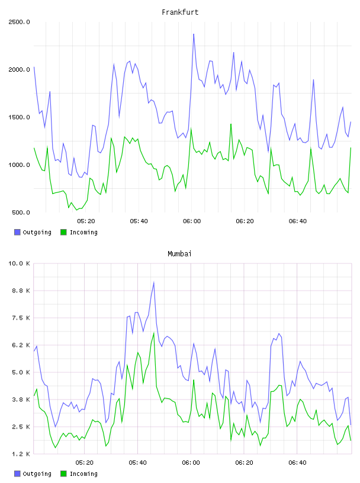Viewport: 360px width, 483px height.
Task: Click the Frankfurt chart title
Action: (180, 12)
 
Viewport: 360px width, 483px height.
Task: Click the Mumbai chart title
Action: (179, 254)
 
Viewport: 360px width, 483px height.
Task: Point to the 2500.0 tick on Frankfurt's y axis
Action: (19, 22)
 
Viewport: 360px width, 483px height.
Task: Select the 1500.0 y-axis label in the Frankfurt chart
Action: (19, 117)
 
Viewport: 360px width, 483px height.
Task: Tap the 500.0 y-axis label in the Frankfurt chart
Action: (21, 212)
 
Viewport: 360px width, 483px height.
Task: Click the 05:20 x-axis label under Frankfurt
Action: (86, 221)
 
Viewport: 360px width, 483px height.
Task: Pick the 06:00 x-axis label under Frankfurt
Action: (192, 221)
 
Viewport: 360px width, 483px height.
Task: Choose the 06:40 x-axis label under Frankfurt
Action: (298, 221)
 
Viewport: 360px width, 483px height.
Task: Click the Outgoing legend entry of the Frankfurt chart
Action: (33, 232)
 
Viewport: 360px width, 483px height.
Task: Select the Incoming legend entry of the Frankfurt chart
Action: (79, 232)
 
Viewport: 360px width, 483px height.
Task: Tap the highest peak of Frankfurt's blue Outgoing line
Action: (194, 34)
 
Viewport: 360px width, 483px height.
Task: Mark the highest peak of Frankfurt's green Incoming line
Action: (231, 124)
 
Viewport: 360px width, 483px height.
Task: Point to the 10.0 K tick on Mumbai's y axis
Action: (19, 263)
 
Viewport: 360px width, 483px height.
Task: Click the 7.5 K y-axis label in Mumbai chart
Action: (21, 318)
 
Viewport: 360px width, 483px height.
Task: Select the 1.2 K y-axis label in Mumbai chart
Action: (21, 454)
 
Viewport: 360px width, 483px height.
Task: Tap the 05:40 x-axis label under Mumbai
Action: (138, 463)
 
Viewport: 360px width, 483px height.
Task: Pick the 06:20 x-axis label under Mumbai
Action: (244, 463)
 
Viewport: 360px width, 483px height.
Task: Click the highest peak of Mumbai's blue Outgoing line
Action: (154, 282)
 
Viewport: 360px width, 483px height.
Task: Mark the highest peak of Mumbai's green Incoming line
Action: (154, 333)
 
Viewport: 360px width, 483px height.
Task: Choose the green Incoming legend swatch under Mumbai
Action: (63, 474)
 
